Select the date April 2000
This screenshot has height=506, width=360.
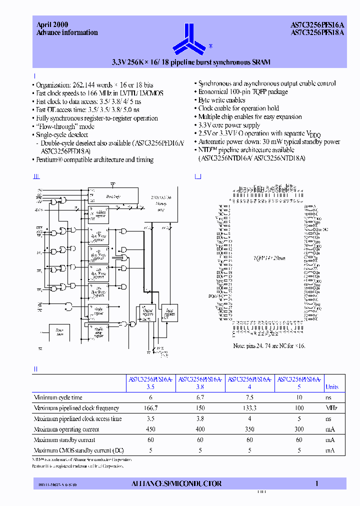[x=52, y=24]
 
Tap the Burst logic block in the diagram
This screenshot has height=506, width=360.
[x=113, y=196]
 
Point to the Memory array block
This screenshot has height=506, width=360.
[x=160, y=204]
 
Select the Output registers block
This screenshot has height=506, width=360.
[x=148, y=312]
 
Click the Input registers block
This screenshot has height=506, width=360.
[x=169, y=312]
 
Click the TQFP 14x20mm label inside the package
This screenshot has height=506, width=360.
[x=269, y=258]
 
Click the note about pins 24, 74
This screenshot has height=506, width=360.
[x=269, y=345]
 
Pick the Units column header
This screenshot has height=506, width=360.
[x=332, y=386]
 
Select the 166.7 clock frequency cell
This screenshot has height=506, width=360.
[x=151, y=408]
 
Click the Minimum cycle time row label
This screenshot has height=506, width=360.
[x=58, y=397]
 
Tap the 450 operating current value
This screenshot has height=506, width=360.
[x=151, y=429]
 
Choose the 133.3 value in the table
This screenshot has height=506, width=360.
[x=249, y=408]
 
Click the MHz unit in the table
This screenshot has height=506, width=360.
[x=332, y=408]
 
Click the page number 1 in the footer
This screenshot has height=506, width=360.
[x=316, y=483]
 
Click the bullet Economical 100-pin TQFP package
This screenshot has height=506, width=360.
[x=243, y=92]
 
